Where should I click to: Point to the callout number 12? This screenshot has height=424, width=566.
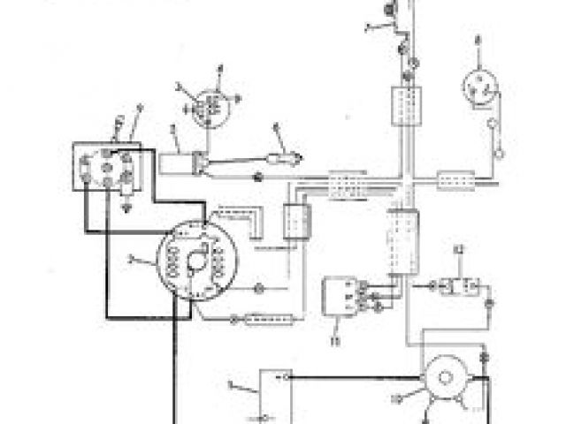(x=458, y=253)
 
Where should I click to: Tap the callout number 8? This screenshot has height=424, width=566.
(x=477, y=41)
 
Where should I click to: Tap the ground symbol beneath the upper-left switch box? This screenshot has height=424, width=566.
(x=129, y=210)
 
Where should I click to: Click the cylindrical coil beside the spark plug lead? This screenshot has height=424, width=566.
(x=180, y=162)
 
